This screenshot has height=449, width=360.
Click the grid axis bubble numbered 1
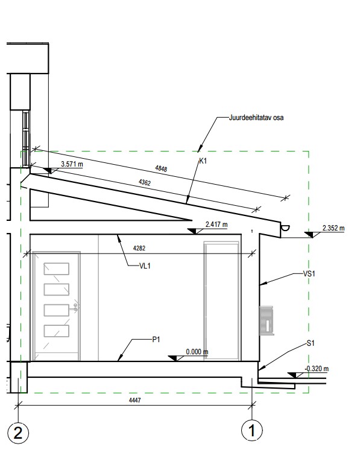tap(252, 430)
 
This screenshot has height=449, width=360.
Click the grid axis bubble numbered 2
tap(18, 432)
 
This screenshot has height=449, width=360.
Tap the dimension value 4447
tap(135, 400)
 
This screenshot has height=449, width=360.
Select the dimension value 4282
tap(139, 248)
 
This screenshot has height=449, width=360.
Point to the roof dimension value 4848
tap(161, 168)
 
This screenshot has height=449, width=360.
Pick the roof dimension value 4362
tap(145, 182)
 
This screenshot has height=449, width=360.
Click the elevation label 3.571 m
tap(72, 164)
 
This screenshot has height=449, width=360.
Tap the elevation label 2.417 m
tap(216, 224)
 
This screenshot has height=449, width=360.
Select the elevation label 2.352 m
tap(333, 228)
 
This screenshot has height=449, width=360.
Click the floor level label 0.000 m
tap(197, 351)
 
